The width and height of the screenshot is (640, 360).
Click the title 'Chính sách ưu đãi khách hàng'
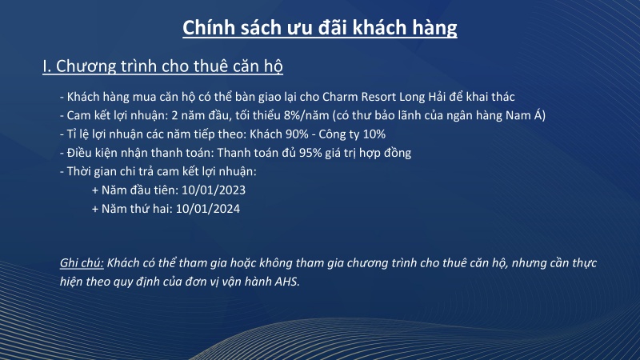320,28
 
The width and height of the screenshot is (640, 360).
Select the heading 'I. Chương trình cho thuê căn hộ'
162,66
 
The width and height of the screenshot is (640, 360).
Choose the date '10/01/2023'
213,190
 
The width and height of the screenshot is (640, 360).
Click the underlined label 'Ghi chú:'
82,262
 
